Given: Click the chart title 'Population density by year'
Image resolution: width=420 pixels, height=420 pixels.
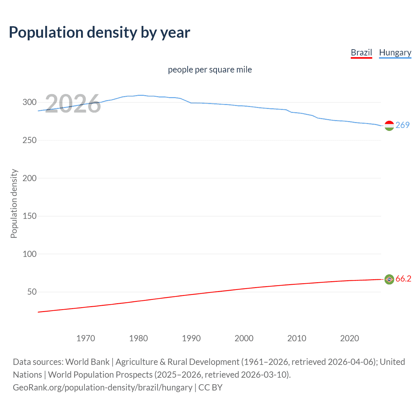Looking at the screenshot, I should point(99,32).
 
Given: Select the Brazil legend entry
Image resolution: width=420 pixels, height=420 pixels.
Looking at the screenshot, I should point(361,52).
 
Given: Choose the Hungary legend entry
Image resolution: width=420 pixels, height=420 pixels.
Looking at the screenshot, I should point(395,52).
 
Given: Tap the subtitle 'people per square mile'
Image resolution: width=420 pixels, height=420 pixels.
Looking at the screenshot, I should point(210,70).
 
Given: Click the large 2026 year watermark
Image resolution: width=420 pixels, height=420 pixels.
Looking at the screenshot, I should point(73,104).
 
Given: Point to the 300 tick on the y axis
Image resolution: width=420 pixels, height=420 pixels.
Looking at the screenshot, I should point(30,102).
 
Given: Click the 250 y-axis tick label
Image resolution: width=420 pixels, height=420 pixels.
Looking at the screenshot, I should point(30,140).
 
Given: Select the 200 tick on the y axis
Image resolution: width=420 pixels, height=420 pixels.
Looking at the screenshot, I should point(30,178).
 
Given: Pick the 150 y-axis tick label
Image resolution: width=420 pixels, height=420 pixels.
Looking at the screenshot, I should point(30,216).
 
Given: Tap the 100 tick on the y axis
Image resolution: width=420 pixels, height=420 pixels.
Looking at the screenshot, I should point(30,254).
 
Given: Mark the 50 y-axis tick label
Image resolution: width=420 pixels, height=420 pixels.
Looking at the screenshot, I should point(32,292).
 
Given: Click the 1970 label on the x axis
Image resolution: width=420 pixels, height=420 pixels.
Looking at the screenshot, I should point(86,338).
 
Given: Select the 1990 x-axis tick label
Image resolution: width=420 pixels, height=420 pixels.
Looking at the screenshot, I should point(191,338).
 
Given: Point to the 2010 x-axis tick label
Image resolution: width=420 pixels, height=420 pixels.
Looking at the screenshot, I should point(297,338).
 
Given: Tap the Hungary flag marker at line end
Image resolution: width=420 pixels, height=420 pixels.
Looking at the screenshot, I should point(389,126).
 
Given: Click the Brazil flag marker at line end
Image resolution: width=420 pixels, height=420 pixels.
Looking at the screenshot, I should point(389,279).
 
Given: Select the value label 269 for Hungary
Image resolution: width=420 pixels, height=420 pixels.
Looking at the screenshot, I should point(403,125).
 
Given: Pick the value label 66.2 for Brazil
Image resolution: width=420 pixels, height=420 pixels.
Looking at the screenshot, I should point(403,279).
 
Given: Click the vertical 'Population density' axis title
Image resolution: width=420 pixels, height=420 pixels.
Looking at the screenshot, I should point(14,203).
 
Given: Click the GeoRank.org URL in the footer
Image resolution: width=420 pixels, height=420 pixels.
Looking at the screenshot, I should point(102,388).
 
